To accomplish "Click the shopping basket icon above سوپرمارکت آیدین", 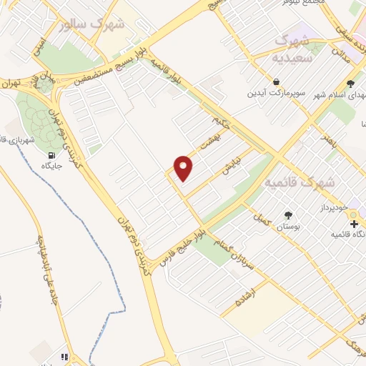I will click(276, 81).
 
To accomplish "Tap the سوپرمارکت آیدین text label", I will click(276, 94).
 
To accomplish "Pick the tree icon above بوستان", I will click(288, 214).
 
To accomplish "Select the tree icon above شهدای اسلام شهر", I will click(349, 83).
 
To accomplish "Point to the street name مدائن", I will click(345, 57).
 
